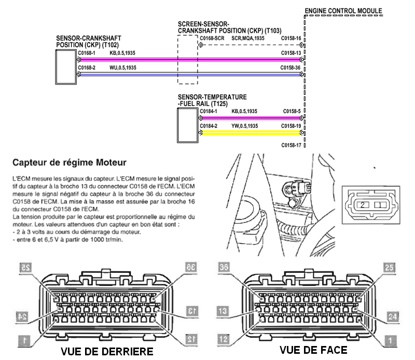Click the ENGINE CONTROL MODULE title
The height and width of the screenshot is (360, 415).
click(x=343, y=10)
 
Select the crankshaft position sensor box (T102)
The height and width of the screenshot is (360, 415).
click(x=65, y=67)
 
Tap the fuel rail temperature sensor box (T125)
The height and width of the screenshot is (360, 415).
click(x=186, y=125)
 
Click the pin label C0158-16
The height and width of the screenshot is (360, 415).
click(x=291, y=38)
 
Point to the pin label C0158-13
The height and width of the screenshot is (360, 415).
click(x=291, y=53)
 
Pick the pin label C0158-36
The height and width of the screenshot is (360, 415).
click(x=291, y=67)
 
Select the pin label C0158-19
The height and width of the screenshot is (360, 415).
click(x=291, y=126)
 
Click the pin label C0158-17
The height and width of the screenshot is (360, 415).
click(x=291, y=145)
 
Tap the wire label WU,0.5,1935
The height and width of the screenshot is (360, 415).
click(x=123, y=67)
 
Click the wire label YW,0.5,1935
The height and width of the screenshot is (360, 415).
click(x=245, y=126)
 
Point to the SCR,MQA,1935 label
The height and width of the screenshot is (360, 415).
click(x=248, y=38)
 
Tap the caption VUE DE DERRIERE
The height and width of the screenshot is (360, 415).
click(x=107, y=351)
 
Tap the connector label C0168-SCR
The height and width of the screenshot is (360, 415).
click(x=211, y=38)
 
